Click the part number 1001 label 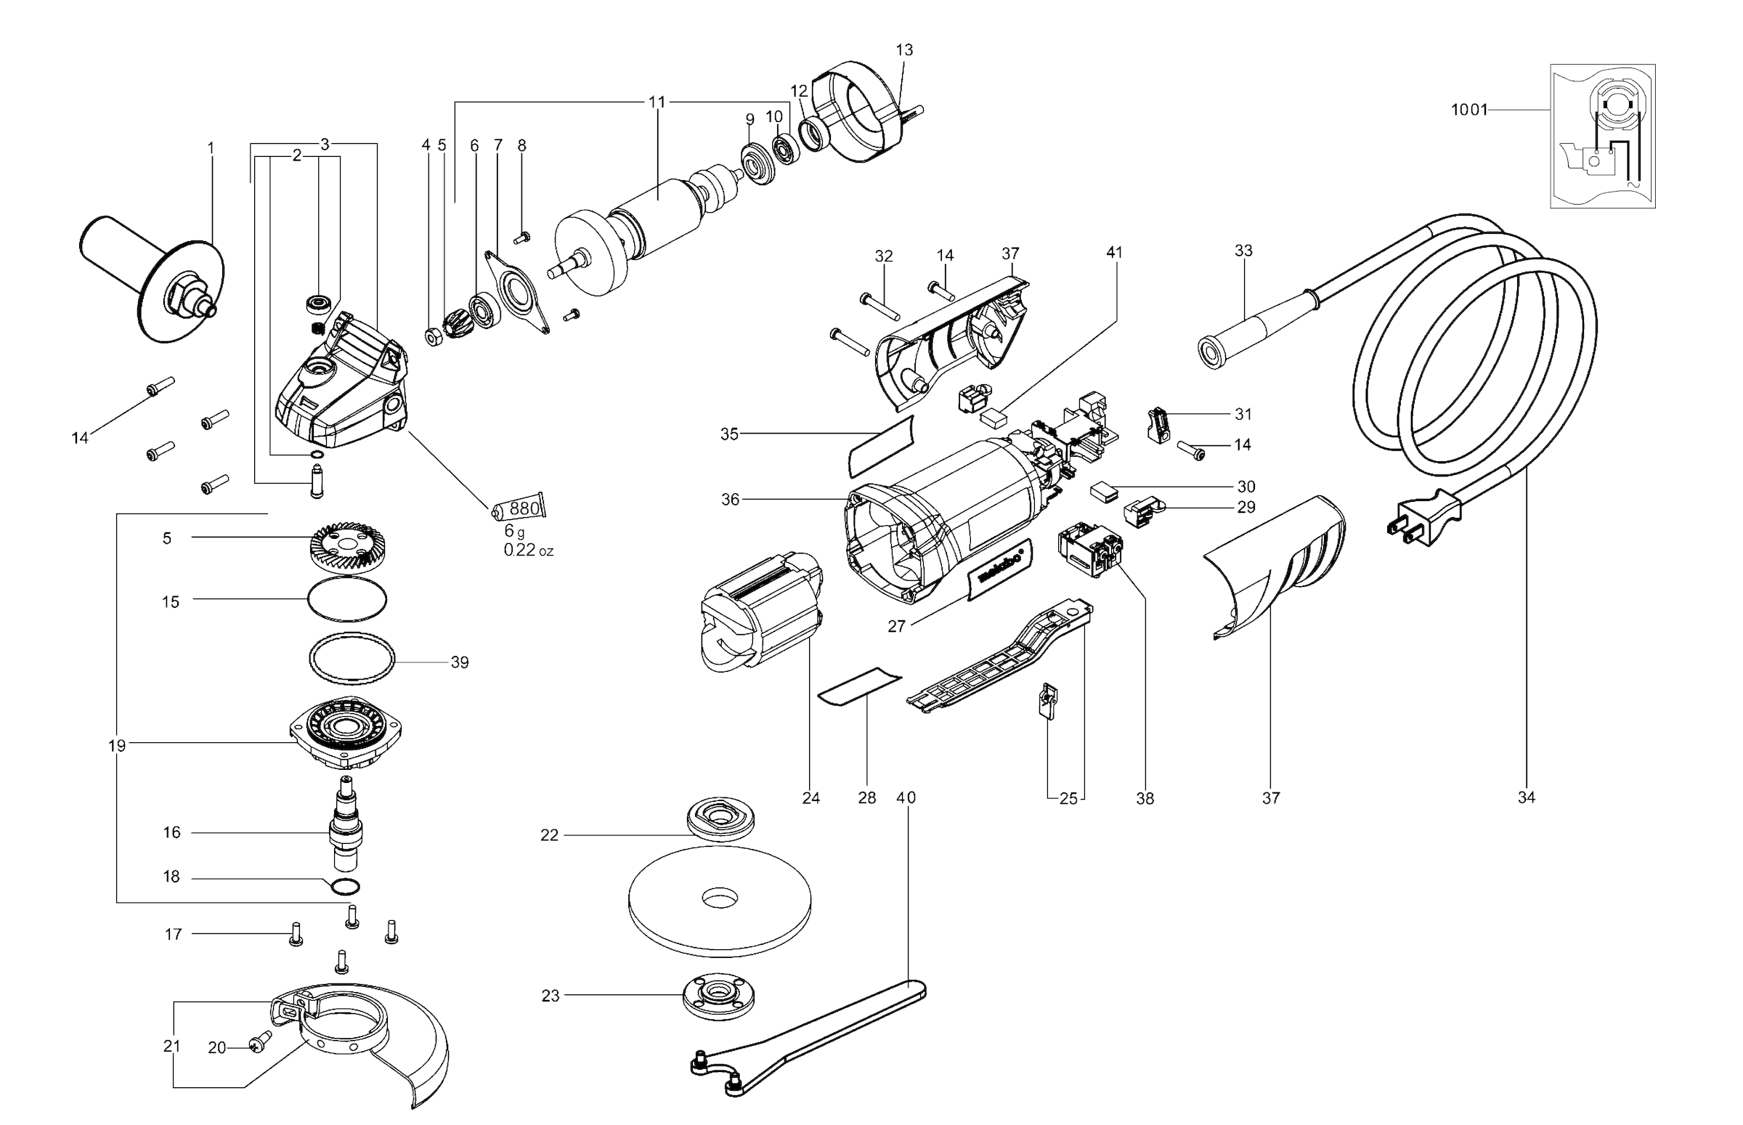[x=1468, y=110]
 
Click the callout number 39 [x=460, y=662]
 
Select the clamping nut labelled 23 [x=718, y=995]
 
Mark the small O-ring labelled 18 [x=345, y=887]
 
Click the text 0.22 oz [x=528, y=551]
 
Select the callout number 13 [x=904, y=50]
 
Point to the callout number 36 [x=730, y=500]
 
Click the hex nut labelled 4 [x=433, y=338]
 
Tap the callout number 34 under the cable [x=1526, y=797]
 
